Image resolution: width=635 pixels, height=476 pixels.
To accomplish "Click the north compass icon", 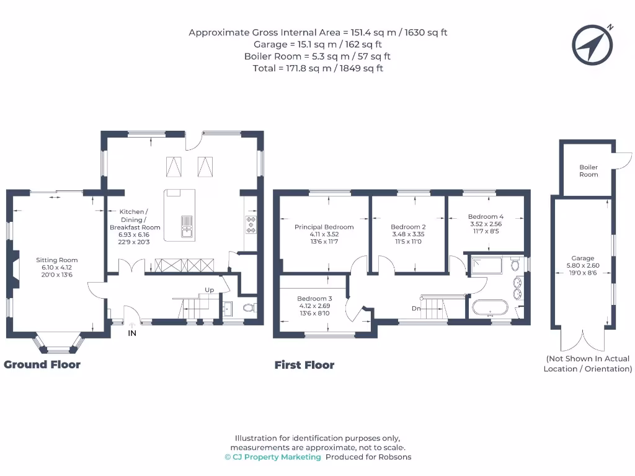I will pos(592,45).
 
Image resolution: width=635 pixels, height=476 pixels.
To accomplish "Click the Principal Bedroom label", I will pos(324,227).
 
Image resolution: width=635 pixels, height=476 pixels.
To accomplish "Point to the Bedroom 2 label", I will pos(408,227).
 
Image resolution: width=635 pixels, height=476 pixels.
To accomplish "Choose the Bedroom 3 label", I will pos(315,298).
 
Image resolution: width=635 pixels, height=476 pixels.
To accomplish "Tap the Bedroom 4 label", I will pos(486,217).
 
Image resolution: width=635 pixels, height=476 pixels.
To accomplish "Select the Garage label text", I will pos(583,258).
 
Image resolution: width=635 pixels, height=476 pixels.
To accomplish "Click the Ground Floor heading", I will pos(42,364).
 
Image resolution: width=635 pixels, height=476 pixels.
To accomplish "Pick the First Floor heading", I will pos(304,366).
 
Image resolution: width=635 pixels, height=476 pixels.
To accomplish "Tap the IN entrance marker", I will pos(132,333).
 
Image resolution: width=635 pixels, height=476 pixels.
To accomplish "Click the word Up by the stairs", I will pos(210,290).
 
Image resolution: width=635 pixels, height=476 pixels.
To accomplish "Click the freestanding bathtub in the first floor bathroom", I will pos(490,308).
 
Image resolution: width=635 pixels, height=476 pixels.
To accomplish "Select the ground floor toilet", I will pos(249,307).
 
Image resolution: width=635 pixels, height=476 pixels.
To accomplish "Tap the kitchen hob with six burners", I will pos(252,225).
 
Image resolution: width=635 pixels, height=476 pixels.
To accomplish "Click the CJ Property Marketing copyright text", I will pos(273,457).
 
